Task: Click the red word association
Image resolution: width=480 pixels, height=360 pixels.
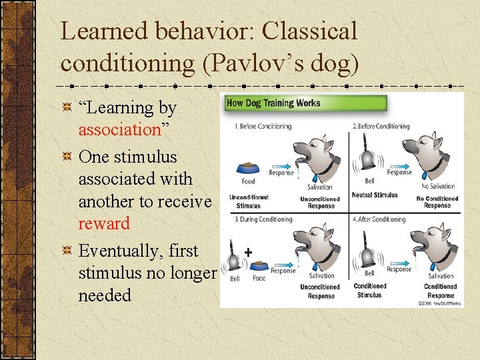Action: coord(120,129)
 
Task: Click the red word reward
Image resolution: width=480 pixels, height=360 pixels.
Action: coord(104,223)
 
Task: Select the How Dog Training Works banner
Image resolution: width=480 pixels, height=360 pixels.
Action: coord(274,103)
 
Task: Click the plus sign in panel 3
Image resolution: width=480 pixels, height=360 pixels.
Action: coord(248,253)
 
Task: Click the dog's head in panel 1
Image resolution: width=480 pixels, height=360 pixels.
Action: coord(313,154)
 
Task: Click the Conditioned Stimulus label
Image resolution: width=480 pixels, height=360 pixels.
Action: coord(369,291)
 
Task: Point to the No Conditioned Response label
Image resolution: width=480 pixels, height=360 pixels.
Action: coord(437,202)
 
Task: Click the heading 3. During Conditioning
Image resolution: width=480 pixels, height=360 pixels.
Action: coord(263,219)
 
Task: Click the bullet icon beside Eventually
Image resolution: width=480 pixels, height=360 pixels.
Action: coord(67,251)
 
